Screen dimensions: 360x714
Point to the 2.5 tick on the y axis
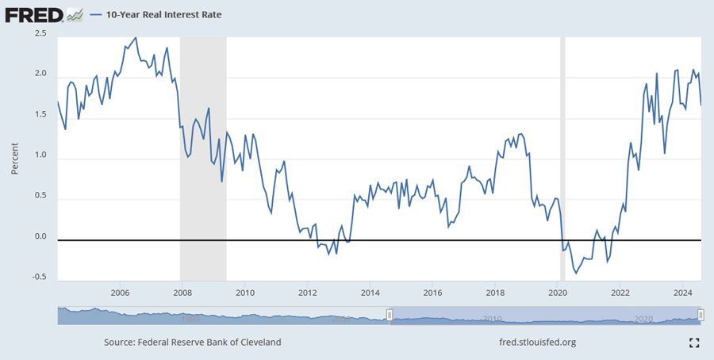(40, 33)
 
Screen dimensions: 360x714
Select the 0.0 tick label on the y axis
(40, 236)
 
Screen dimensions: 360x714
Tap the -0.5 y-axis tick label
(39, 277)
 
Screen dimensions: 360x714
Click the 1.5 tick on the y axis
(40, 115)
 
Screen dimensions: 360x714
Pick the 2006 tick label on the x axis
(121, 293)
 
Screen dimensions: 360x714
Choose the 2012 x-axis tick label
(307, 293)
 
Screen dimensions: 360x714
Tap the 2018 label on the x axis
(494, 293)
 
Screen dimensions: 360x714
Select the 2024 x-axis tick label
(681, 293)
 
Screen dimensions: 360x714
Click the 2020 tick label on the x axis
(557, 293)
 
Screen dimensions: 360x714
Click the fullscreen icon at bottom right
(694, 343)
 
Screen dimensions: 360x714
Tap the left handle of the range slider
(390, 315)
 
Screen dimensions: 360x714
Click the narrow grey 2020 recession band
(564, 159)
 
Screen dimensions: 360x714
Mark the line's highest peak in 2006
(136, 37)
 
